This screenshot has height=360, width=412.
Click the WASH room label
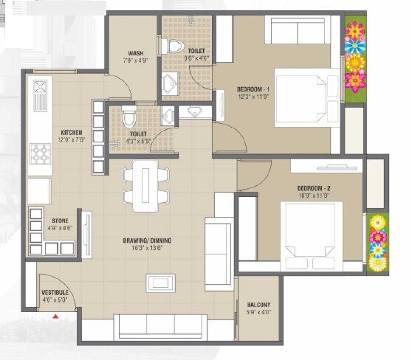point(135,53)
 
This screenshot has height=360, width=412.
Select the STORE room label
point(61,221)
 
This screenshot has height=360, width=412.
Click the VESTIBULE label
point(55,293)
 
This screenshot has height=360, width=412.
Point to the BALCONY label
point(258,305)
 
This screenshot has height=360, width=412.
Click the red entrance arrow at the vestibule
point(56,316)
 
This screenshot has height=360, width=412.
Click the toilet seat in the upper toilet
point(175,46)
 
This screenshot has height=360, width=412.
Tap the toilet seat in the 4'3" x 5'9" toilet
point(130,117)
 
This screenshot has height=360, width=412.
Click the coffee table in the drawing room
point(160,283)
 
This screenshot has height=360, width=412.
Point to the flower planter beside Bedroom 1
point(356,58)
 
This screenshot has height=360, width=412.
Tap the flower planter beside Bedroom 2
point(377,242)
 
